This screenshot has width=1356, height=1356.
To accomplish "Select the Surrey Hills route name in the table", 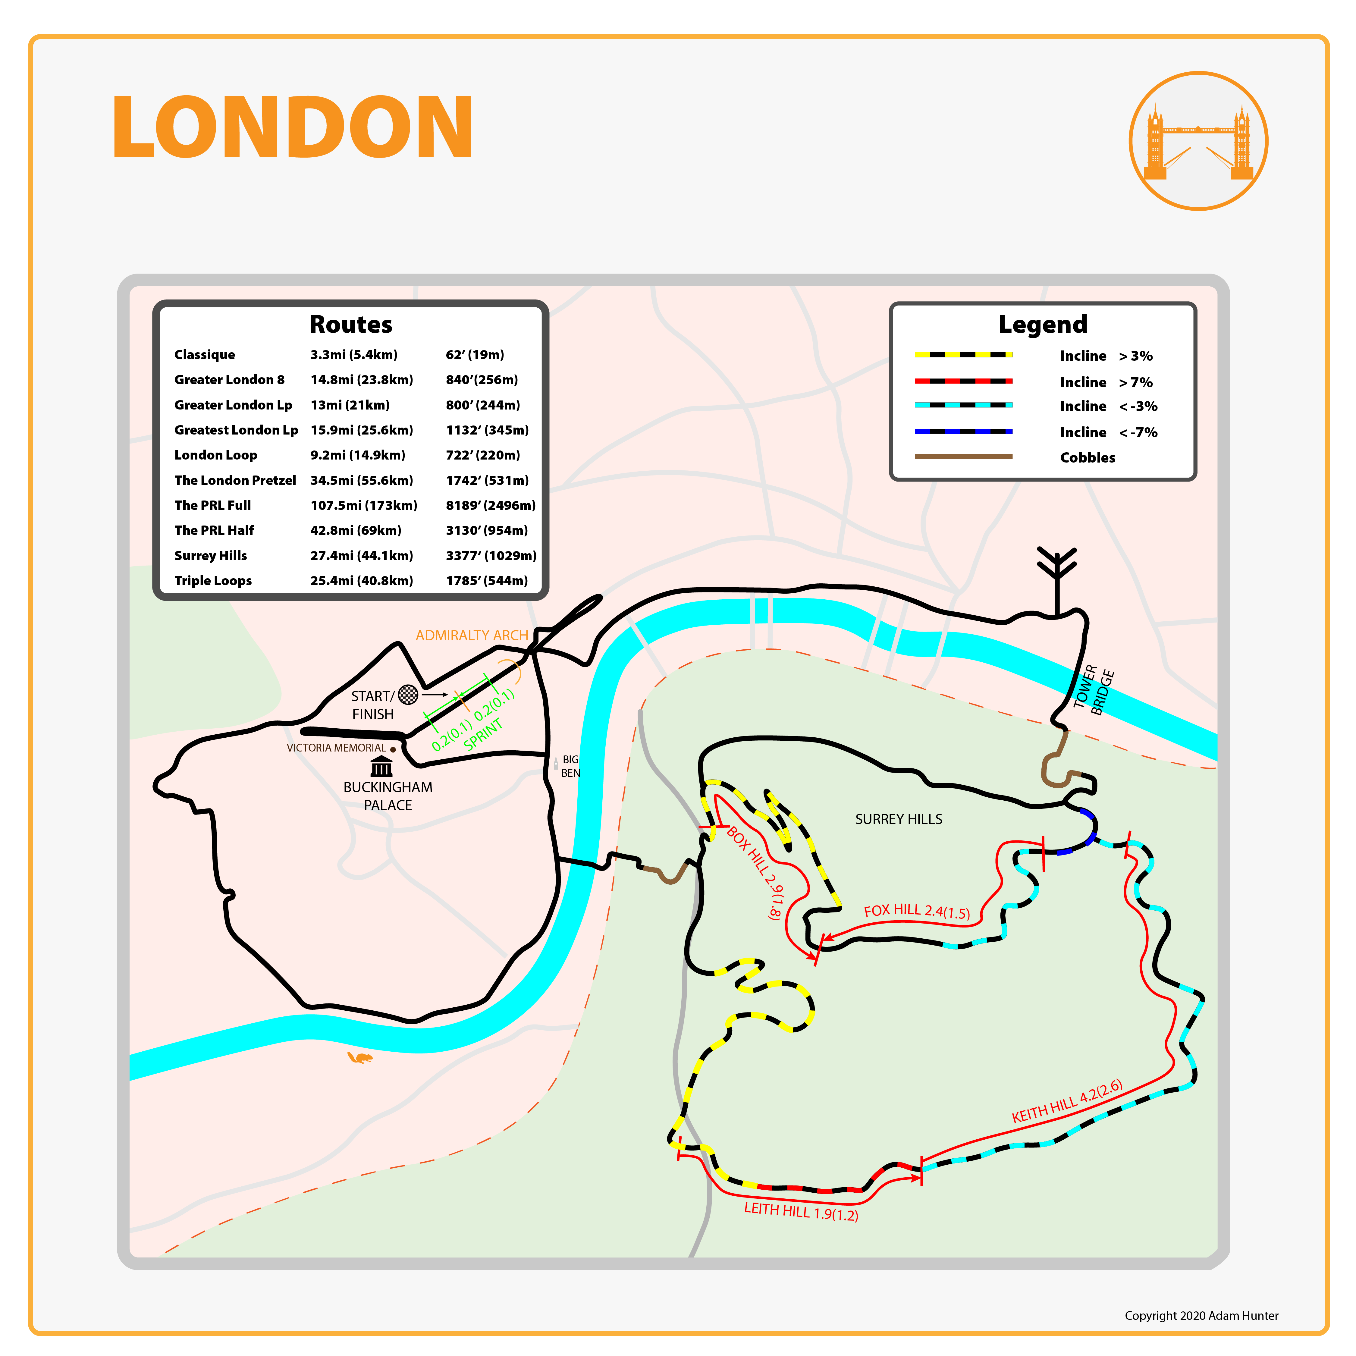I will pos(211,555).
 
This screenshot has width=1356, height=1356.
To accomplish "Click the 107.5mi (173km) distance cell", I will pos(364,505).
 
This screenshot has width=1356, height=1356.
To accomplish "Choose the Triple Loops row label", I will pos(213,580).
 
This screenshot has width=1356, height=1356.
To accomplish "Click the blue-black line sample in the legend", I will pos(963,431).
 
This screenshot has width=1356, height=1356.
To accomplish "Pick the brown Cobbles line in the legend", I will pos(963,456).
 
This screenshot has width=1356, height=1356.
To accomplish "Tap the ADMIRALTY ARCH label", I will pos(472,635).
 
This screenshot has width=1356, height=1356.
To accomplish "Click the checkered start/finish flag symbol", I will pos(408,695).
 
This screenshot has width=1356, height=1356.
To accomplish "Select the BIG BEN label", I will pos(570,766).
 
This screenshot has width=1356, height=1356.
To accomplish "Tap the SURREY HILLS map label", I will pos(898,819).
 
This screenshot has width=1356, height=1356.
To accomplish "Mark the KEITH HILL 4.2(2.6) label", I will pos(1067,1101).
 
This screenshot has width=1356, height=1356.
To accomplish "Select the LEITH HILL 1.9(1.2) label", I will pos(801,1211).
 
